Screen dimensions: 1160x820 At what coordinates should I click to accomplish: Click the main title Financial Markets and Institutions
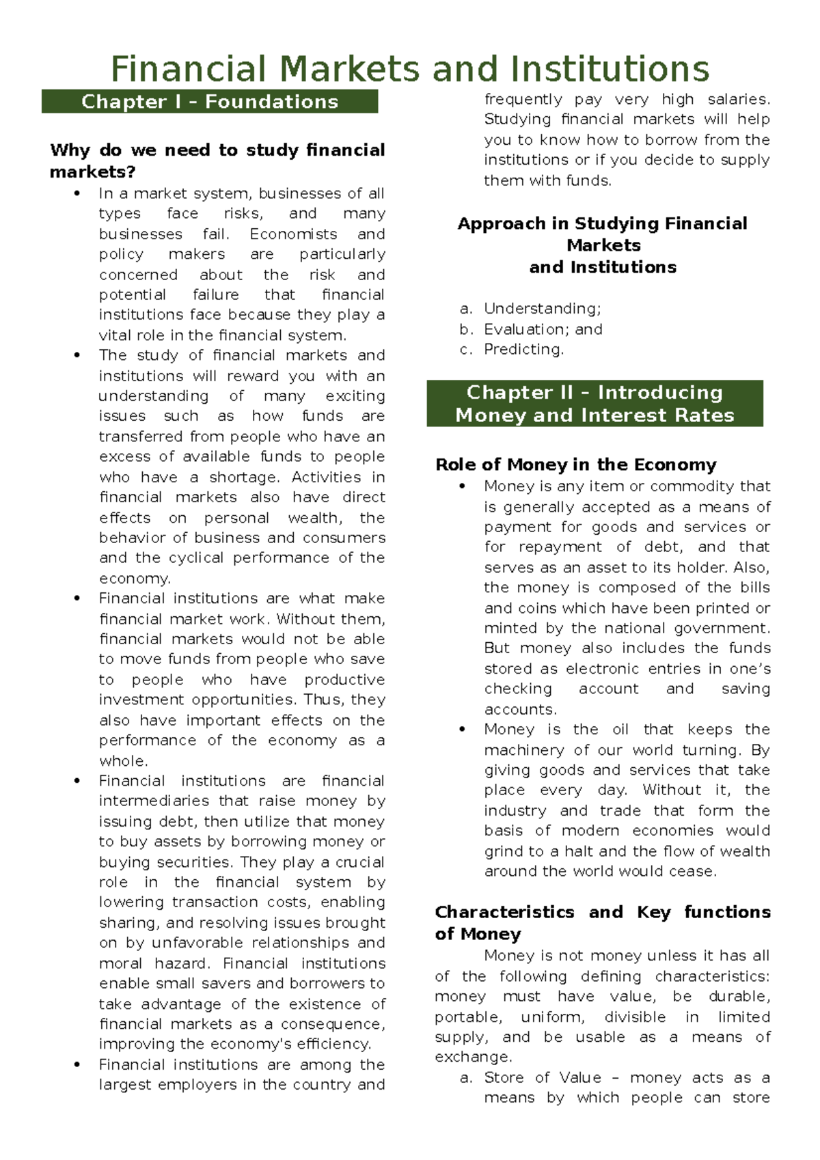point(410,69)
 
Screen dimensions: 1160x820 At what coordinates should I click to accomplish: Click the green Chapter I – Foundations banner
point(210,102)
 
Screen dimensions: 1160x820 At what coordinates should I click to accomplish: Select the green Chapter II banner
point(594,404)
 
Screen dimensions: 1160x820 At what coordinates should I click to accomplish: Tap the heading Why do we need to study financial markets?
point(217,161)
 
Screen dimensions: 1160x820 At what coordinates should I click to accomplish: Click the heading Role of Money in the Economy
point(575,465)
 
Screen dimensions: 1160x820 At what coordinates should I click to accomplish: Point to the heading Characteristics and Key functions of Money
point(602,922)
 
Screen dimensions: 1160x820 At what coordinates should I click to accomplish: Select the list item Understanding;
point(542,309)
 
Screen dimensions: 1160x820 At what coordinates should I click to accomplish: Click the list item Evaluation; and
point(543,329)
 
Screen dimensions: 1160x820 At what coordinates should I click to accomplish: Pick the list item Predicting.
point(523,349)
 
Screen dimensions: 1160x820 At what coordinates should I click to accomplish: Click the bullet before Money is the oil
point(463,730)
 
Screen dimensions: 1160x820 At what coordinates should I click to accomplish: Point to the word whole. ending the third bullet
point(123,761)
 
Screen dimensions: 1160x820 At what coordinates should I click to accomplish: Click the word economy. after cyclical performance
point(135,579)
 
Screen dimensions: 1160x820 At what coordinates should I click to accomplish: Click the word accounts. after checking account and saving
point(520,709)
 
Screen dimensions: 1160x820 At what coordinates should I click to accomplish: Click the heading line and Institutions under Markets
point(603,267)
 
